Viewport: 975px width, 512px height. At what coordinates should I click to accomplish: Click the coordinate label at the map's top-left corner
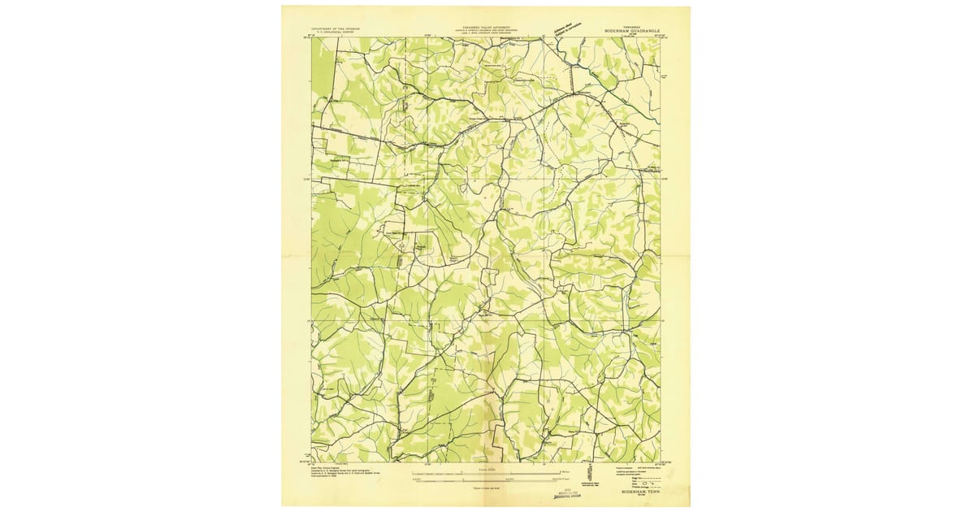310,35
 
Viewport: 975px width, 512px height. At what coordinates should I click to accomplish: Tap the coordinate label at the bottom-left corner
310,464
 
